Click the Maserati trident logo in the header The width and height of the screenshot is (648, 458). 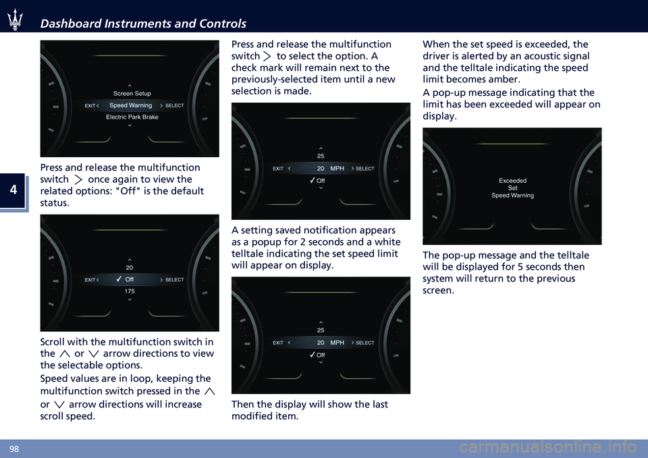point(16,22)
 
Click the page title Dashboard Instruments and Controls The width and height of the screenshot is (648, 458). point(143,24)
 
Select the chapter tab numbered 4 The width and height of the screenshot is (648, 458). point(13,192)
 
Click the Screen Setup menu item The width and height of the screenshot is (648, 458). point(132,93)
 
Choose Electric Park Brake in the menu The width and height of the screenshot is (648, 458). point(132,117)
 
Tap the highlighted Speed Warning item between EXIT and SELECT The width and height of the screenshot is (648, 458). point(130,105)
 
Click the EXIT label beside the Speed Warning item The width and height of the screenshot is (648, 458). point(90,106)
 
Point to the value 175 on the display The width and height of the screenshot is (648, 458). point(130,291)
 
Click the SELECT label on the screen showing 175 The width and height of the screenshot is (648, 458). point(174,279)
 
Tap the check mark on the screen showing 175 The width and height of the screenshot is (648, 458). point(118,279)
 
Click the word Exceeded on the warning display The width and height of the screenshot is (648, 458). point(512,181)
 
